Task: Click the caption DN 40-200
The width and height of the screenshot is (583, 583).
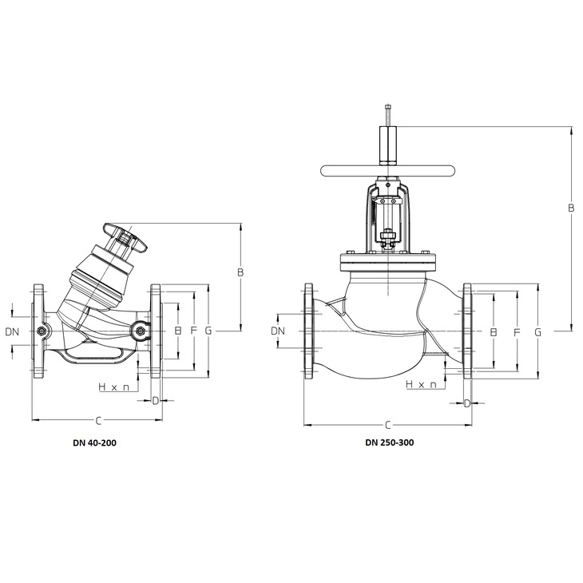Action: (x=94, y=442)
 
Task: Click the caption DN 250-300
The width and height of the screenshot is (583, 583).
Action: (x=389, y=442)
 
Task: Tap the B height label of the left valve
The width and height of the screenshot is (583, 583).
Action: (x=240, y=272)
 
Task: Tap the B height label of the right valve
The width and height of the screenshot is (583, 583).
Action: (x=572, y=208)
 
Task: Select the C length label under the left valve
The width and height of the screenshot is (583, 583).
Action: (x=98, y=421)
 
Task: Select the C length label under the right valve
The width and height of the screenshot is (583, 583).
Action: (x=388, y=425)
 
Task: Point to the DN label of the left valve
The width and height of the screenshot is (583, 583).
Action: (x=12, y=331)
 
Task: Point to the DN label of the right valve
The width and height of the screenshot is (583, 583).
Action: (x=278, y=331)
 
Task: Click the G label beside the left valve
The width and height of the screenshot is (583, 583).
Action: (x=208, y=330)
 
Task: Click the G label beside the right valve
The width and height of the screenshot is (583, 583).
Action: (x=538, y=332)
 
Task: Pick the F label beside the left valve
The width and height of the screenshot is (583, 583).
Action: (x=193, y=330)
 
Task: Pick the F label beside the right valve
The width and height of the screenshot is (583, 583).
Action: (x=517, y=332)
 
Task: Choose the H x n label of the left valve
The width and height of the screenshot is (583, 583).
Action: (x=114, y=387)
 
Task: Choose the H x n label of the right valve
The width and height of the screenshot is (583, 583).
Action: (x=421, y=384)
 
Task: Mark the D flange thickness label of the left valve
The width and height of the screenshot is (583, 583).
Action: (x=156, y=400)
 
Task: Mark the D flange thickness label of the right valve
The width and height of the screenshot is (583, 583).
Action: (x=467, y=403)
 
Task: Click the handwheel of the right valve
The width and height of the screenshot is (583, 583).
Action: (x=387, y=171)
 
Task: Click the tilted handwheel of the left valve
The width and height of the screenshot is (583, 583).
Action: (x=125, y=237)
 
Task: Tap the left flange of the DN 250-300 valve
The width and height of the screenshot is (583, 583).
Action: (x=308, y=331)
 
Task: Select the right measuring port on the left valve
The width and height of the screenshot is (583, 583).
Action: (x=141, y=331)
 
